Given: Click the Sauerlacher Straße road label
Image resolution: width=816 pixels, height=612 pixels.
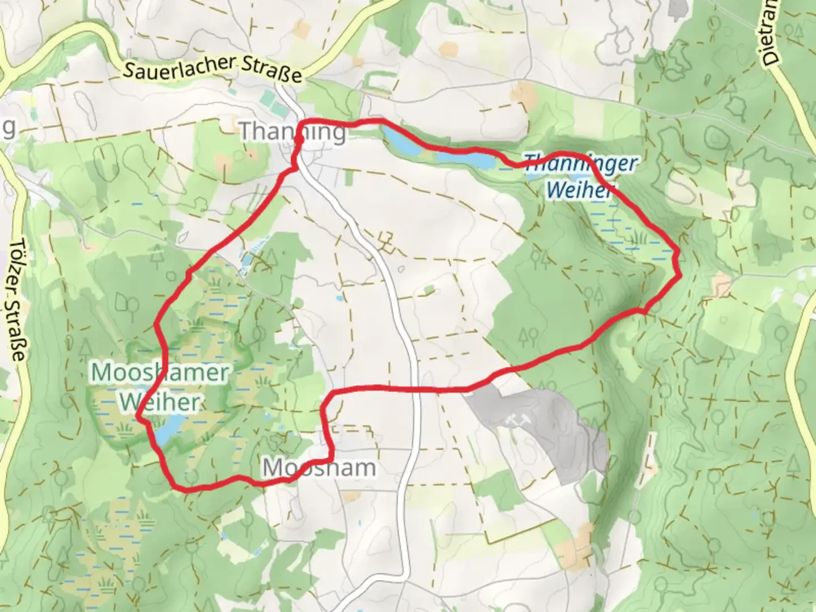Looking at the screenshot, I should [x=212, y=70].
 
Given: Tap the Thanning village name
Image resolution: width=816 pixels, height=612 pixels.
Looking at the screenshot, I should [x=292, y=131].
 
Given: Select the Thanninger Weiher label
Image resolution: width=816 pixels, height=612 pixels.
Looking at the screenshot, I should [x=580, y=176].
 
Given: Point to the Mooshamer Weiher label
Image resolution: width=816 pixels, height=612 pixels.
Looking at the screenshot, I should [x=160, y=387].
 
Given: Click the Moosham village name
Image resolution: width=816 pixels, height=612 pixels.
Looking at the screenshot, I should [x=319, y=468].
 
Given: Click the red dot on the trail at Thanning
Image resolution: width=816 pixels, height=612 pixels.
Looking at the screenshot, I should [x=299, y=138].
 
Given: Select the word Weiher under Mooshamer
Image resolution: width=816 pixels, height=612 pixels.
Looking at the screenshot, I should [x=160, y=402].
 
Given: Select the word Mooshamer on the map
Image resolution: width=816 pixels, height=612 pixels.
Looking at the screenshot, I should [x=160, y=373].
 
